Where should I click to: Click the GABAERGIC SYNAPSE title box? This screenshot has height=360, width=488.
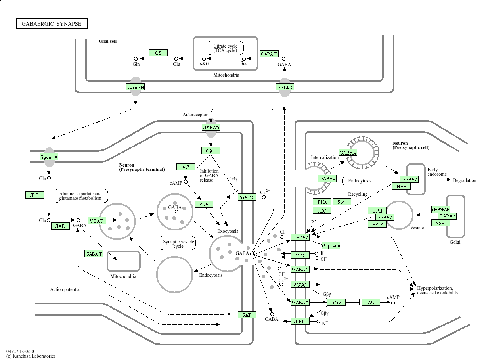(x=52, y=24)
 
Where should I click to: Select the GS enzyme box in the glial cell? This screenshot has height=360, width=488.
(x=158, y=53)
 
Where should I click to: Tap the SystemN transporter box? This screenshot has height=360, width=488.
(x=135, y=87)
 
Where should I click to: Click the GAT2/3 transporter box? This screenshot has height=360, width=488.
(x=285, y=87)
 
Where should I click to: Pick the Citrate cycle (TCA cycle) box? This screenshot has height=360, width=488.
(x=225, y=48)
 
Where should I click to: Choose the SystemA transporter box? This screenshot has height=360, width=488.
(x=49, y=157)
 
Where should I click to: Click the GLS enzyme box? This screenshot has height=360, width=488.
(x=34, y=195)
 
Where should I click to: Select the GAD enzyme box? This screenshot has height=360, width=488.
(x=60, y=226)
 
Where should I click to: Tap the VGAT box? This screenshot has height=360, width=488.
(x=96, y=221)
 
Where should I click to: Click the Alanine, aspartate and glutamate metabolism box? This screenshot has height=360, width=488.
(x=80, y=196)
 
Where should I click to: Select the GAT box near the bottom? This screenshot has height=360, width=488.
(x=246, y=315)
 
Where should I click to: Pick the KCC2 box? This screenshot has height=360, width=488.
(x=300, y=255)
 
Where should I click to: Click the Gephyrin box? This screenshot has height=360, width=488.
(x=331, y=246)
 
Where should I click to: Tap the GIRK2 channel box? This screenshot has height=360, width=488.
(x=300, y=321)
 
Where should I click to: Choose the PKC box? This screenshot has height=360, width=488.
(x=322, y=211)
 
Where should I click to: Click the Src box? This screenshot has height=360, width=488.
(x=341, y=202)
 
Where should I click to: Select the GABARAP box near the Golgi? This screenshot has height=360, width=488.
(x=440, y=209)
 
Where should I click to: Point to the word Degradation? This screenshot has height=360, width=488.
(x=465, y=180)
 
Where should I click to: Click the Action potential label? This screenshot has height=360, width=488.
(x=65, y=289)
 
